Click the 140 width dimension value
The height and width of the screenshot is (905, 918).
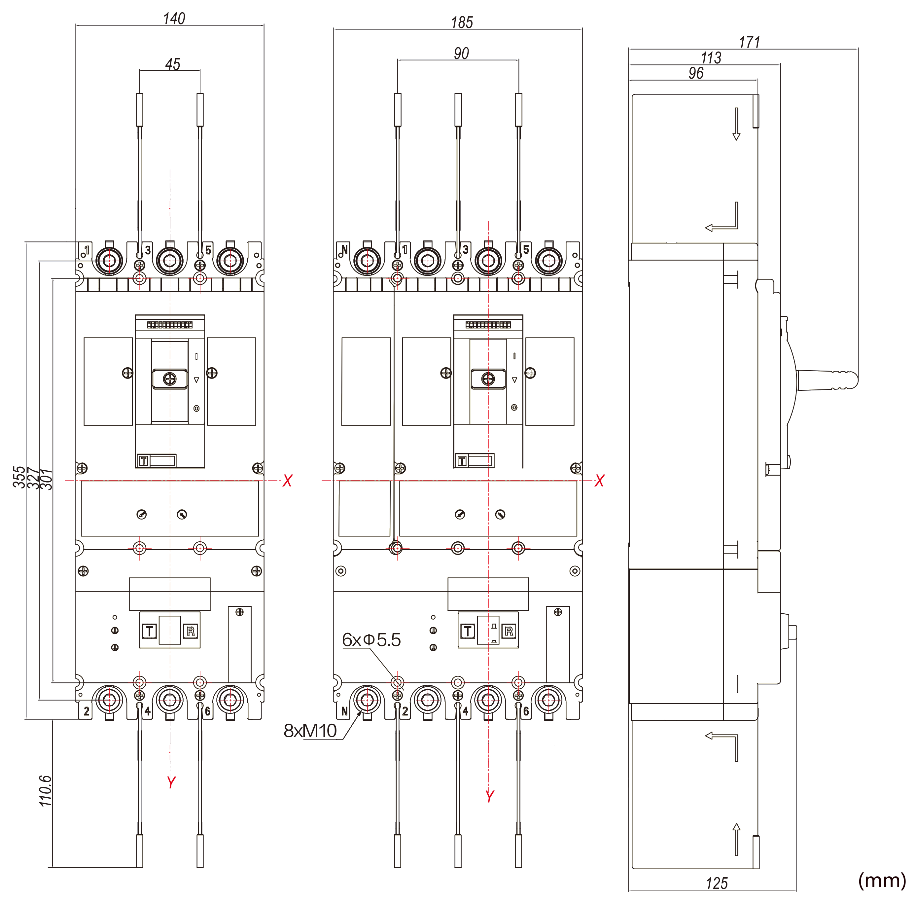(x=174, y=18)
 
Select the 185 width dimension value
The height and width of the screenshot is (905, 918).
(x=462, y=22)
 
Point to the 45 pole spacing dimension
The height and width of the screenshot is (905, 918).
(x=172, y=64)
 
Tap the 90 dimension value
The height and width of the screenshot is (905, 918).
(x=461, y=53)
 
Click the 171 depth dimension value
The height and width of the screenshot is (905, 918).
(x=749, y=42)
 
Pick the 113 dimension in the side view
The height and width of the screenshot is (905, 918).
(x=711, y=58)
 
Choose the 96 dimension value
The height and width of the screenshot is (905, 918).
(x=696, y=73)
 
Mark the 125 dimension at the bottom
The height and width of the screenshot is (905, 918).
(x=717, y=883)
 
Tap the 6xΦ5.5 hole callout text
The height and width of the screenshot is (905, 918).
(x=371, y=640)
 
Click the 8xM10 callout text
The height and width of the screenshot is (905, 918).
(x=310, y=731)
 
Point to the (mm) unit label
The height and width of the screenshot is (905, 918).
(x=882, y=880)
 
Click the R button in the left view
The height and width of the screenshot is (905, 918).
(x=191, y=631)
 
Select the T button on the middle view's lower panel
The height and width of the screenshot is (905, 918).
(x=468, y=631)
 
